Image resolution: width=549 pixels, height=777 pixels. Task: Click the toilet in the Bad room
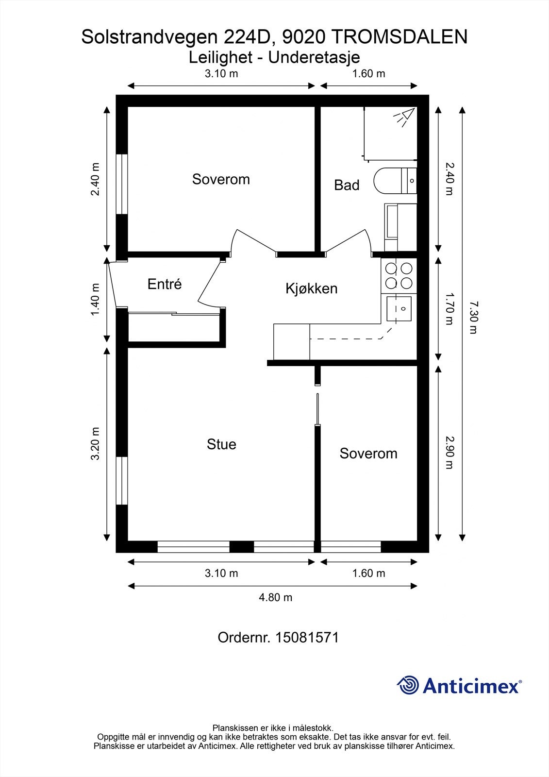click(x=395, y=180)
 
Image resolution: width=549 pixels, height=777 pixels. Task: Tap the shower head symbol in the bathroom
click(x=404, y=117)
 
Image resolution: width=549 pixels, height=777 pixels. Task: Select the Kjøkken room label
click(x=312, y=288)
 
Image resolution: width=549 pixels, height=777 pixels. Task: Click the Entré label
click(x=165, y=284)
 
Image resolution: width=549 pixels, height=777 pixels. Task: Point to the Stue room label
click(x=221, y=444)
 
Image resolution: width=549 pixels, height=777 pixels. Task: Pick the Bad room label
click(x=347, y=185)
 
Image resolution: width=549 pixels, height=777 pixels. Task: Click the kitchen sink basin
click(x=399, y=309)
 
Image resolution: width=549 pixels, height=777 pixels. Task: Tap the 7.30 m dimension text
click(x=473, y=318)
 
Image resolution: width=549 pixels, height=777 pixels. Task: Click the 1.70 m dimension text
click(x=449, y=309)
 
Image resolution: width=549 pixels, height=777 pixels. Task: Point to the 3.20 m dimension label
click(x=95, y=444)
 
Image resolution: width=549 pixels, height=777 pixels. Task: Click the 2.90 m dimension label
click(x=449, y=453)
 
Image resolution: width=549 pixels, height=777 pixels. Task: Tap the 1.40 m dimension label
click(x=95, y=300)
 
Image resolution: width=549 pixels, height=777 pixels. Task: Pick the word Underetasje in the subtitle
click(x=314, y=58)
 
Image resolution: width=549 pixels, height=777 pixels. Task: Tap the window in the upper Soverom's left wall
click(x=122, y=184)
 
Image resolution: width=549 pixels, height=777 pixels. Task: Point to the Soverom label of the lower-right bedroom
click(x=368, y=454)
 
